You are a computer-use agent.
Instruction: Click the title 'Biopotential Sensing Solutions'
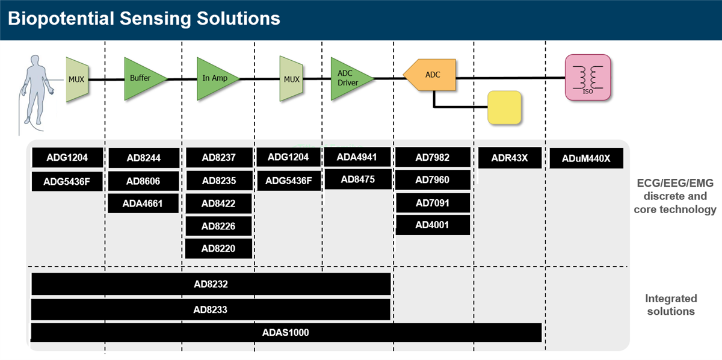pyautogui.click(x=144, y=19)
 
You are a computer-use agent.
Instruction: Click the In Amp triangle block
pyautogui.click(x=215, y=78)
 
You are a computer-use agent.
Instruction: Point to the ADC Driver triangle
pyautogui.click(x=349, y=78)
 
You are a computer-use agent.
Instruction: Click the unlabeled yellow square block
pyautogui.click(x=504, y=108)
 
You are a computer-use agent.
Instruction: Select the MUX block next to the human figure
pyautogui.click(x=77, y=79)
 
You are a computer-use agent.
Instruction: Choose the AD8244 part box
pyautogui.click(x=144, y=158)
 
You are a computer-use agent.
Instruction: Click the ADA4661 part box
pyautogui.click(x=144, y=203)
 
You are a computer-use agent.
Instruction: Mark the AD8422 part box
pyautogui.click(x=218, y=203)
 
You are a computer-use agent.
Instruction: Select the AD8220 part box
pyautogui.click(x=218, y=249)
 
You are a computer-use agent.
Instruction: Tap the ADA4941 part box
pyautogui.click(x=357, y=157)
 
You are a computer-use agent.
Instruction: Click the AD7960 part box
pyautogui.click(x=432, y=180)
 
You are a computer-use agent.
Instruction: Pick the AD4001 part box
pyautogui.click(x=432, y=225)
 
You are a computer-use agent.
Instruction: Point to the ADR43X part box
pyautogui.click(x=510, y=158)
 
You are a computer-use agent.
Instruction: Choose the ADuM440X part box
pyautogui.click(x=586, y=159)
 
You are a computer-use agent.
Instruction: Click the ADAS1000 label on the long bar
pyautogui.click(x=286, y=332)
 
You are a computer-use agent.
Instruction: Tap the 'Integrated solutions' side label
pyautogui.click(x=671, y=305)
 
